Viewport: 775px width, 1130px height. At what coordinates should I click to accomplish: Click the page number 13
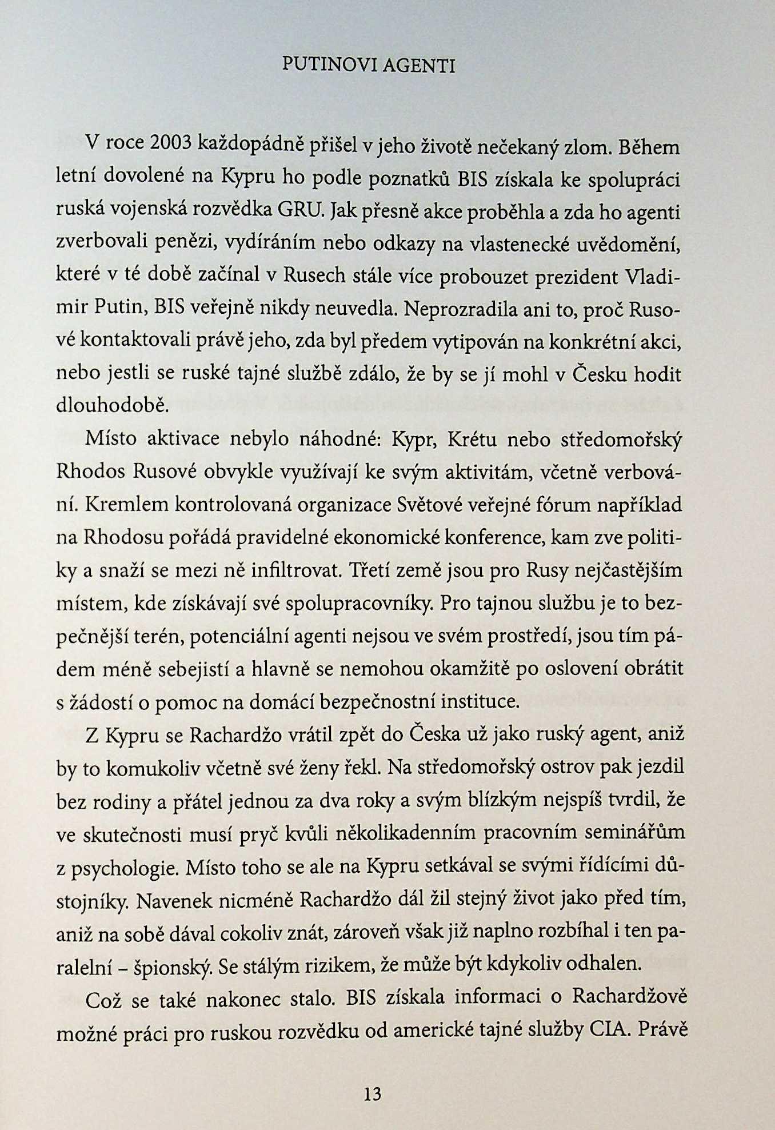[372, 1094]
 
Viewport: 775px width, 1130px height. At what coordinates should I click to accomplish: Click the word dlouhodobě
[113, 405]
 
